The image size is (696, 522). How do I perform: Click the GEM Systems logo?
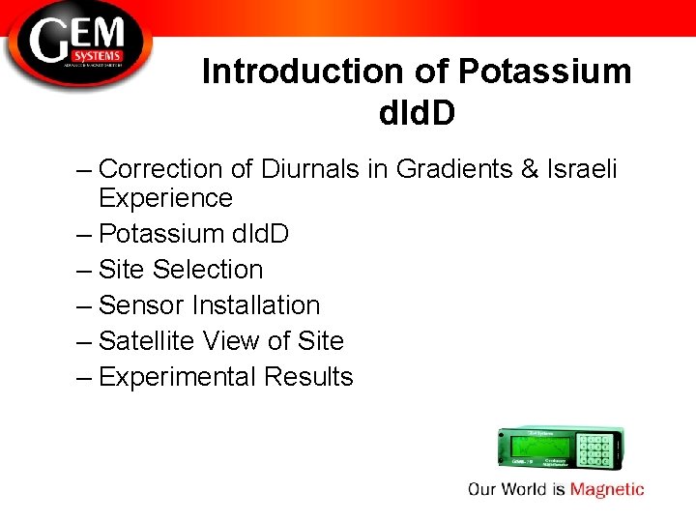77,43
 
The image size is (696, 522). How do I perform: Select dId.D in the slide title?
417,113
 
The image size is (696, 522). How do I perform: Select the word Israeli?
583,169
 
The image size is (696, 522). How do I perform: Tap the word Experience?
165,199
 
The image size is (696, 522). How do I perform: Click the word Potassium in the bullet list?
159,234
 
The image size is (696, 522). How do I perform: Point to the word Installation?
256,305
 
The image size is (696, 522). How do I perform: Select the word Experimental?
177,377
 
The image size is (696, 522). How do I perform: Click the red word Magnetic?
607,489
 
